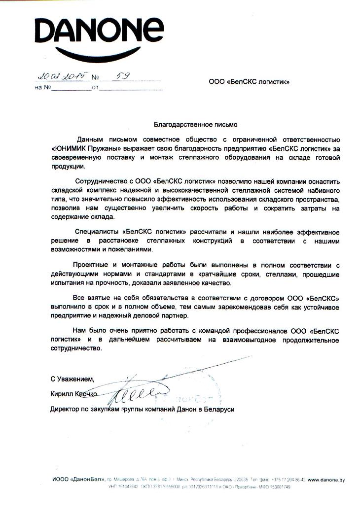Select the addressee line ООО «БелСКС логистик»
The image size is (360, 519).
tap(249, 82)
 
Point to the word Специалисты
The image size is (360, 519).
tap(96, 231)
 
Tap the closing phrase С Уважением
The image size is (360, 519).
tap(72, 379)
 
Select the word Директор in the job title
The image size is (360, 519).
tap(65, 409)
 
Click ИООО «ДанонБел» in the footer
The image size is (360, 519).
tap(76, 480)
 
